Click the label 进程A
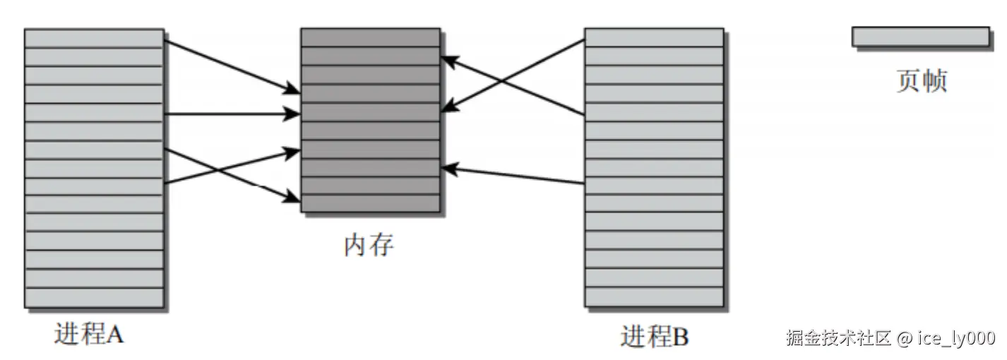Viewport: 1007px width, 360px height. point(89,334)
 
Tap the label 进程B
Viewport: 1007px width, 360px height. point(654,336)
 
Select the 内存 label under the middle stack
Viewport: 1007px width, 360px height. point(369,245)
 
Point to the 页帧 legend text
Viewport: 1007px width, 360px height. point(921,82)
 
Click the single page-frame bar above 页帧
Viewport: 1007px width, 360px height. point(920,37)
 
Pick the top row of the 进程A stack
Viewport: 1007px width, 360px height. point(94,38)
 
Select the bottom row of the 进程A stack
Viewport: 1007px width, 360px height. point(94,297)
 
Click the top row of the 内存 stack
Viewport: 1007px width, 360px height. point(370,37)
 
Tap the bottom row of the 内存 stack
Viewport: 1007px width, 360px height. point(370,203)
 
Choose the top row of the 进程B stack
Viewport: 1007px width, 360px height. point(654,37)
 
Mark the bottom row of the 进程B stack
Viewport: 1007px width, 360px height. point(654,296)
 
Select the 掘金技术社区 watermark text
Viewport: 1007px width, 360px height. point(840,337)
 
